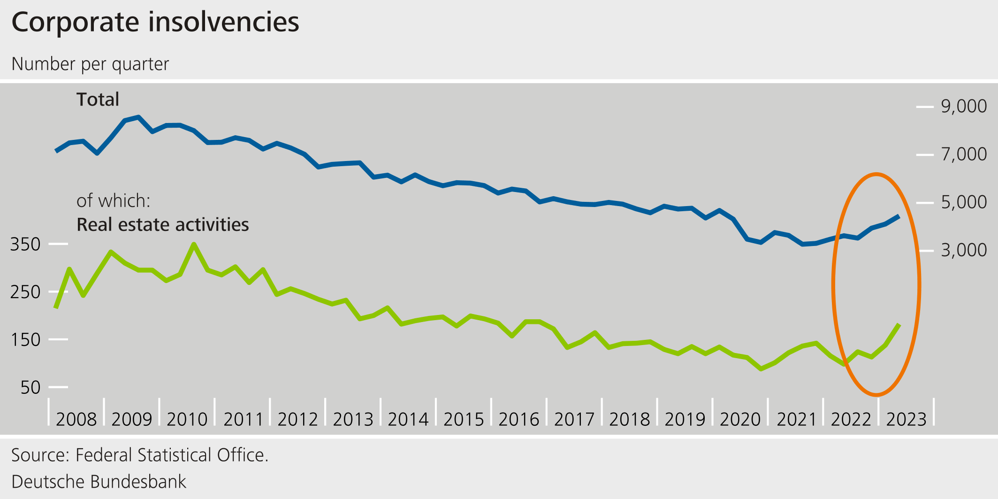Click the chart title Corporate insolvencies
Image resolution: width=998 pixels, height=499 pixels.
click(x=155, y=22)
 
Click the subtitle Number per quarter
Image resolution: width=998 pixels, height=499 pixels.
click(x=90, y=64)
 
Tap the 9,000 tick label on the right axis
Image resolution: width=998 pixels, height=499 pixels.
click(x=964, y=106)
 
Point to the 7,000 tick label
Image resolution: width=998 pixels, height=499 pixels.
click(x=964, y=154)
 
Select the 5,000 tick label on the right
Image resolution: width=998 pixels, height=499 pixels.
click(x=964, y=202)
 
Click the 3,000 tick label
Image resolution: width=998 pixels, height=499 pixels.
click(x=964, y=250)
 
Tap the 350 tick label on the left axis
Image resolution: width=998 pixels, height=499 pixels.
click(x=25, y=244)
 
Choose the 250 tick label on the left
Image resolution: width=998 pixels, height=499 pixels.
click(x=25, y=292)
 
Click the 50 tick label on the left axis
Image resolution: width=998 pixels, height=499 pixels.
click(x=30, y=387)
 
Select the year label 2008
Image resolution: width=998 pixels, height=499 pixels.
click(x=76, y=419)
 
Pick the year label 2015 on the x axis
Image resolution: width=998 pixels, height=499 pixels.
click(x=464, y=419)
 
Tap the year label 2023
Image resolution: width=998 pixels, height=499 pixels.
click(x=906, y=419)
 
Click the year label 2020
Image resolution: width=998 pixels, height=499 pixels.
click(x=740, y=419)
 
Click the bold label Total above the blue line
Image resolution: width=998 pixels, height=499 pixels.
click(x=98, y=100)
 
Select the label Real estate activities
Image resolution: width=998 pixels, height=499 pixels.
click(x=162, y=224)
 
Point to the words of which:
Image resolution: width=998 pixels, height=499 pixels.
click(x=113, y=201)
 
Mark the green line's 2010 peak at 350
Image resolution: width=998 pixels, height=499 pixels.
click(x=194, y=244)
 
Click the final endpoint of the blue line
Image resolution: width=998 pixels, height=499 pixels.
click(x=898, y=216)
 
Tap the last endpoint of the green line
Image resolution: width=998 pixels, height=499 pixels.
click(x=899, y=325)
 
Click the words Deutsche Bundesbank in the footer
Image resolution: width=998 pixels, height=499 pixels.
click(x=99, y=482)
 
